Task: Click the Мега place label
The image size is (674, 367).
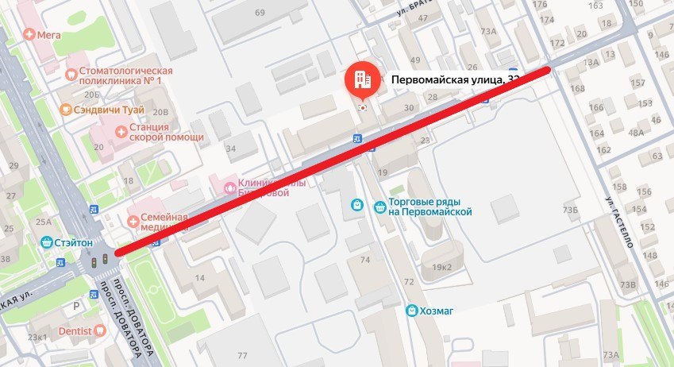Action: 47,34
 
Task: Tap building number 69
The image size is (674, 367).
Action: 260,14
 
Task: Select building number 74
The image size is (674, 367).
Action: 365,260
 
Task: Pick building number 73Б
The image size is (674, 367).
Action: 570,211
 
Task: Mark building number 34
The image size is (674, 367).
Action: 230,148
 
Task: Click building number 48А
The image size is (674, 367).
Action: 636,133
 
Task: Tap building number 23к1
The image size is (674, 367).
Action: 37,337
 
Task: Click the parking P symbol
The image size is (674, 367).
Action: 76,303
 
